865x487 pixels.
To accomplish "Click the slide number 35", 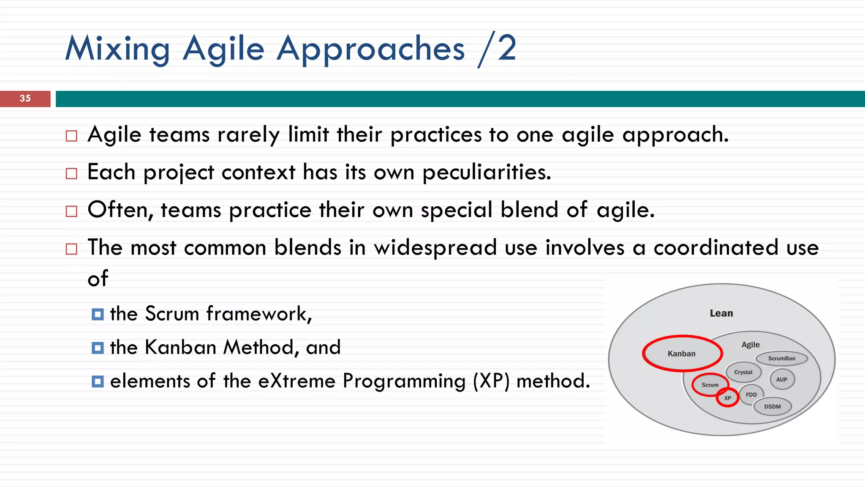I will pos(25,98).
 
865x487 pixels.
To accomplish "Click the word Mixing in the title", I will pos(117,49).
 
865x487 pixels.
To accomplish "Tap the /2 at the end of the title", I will pos(497,49).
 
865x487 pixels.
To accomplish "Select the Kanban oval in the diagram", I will pos(681,353).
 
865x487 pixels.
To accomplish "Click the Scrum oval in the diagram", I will pos(710,385).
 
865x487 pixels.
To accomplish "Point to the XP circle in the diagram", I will pos(727,398).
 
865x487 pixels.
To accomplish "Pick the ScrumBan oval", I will pos(781,358).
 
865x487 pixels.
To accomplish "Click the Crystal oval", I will pos(743,372).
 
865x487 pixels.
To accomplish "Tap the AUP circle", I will pos(781,379).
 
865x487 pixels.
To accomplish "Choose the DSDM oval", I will pos(772,406).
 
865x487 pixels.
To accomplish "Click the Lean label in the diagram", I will pos(721,313).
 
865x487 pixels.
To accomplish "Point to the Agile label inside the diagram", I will pos(750,345).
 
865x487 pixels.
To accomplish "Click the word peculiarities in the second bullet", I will pos(487,172).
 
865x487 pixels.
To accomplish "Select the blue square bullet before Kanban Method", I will pos(98,348).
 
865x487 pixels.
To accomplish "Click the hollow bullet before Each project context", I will pos(71,173).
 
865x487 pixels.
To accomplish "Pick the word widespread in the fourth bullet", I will pos(435,248).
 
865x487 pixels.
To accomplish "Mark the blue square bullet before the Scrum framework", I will pos(98,315).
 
